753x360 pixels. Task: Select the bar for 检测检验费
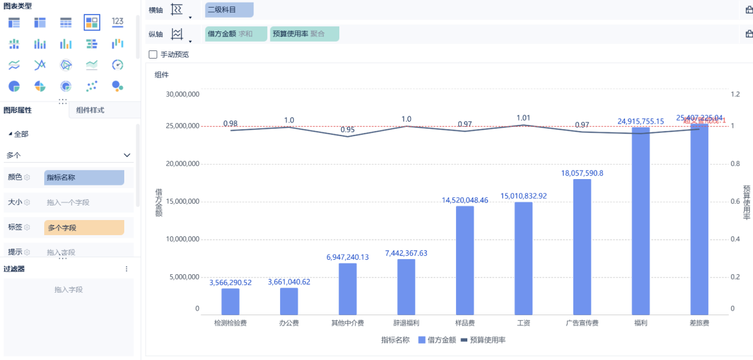pyautogui.click(x=230, y=301)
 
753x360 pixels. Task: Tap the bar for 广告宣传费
pyautogui.click(x=582, y=247)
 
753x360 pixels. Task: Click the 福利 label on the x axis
pyautogui.click(x=641, y=323)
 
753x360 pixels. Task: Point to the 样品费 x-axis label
pyautogui.click(x=465, y=323)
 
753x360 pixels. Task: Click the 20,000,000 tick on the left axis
pyautogui.click(x=182, y=164)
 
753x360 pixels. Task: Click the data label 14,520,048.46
pyautogui.click(x=465, y=200)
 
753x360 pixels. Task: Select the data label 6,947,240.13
pyautogui.click(x=347, y=257)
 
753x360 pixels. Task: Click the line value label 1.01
pyautogui.click(x=523, y=118)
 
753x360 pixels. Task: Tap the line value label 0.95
pyautogui.click(x=347, y=130)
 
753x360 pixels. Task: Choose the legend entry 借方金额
pyautogui.click(x=438, y=340)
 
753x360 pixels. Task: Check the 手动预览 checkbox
pyautogui.click(x=153, y=54)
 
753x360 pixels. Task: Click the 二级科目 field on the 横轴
pyautogui.click(x=229, y=10)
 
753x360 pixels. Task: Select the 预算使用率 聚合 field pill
pyautogui.click(x=305, y=34)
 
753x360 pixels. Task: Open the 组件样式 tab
pyautogui.click(x=90, y=110)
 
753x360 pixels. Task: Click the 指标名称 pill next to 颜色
pyautogui.click(x=84, y=178)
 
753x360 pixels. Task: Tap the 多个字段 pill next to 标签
pyautogui.click(x=84, y=228)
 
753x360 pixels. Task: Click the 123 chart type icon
pyautogui.click(x=117, y=22)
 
